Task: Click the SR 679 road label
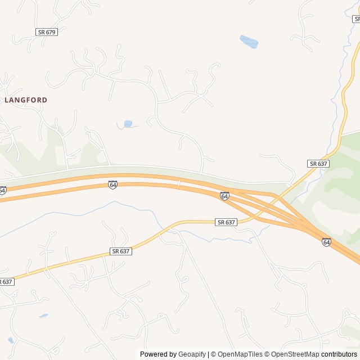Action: point(47,32)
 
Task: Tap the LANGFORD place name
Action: point(26,100)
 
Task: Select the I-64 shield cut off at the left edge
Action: point(2,191)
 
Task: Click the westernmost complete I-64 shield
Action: point(113,184)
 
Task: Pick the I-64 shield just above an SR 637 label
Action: point(224,196)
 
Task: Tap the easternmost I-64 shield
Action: point(326,242)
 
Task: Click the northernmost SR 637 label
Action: point(318,163)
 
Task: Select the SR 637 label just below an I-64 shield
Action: point(226,223)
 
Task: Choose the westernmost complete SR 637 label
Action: point(121,251)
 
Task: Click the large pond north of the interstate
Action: point(249,42)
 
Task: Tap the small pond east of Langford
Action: point(128,124)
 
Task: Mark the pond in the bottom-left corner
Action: point(11,340)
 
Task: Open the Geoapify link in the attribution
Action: point(192,354)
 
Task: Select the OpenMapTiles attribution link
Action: point(240,354)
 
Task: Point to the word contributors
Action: point(339,354)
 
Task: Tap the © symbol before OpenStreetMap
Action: point(268,354)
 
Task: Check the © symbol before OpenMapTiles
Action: point(214,354)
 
